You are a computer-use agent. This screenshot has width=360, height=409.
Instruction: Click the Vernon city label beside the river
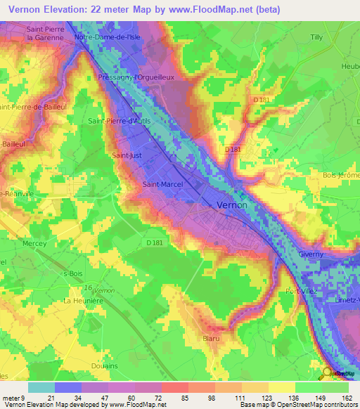pos(231,204)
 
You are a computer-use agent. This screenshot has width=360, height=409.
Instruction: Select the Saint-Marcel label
pos(162,185)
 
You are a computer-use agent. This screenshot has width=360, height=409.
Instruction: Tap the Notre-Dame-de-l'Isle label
pos(104,37)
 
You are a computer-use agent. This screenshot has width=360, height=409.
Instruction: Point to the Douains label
pos(104,365)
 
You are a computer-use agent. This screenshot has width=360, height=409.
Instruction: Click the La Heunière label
pos(79,300)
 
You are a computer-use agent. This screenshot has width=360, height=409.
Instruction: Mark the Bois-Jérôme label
pos(340,175)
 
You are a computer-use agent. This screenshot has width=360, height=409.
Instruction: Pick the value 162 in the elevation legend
pos(347,398)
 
